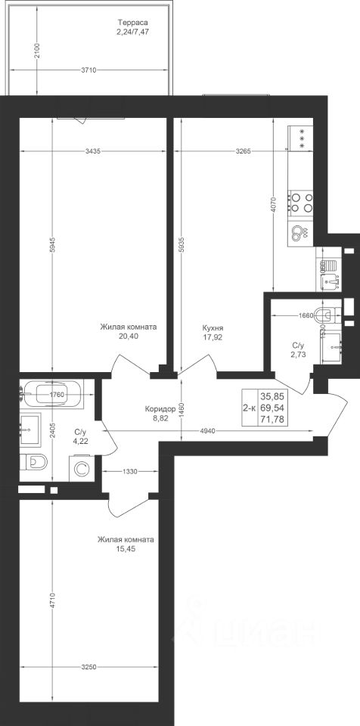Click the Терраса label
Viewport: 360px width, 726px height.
click(132, 22)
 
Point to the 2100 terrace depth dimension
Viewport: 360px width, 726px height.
click(38, 50)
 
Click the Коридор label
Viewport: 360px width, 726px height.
click(160, 409)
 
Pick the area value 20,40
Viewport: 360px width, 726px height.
click(129, 337)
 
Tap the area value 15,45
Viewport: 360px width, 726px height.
click(126, 549)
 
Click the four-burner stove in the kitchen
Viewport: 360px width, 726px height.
click(301, 203)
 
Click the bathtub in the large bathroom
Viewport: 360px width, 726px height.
click(51, 393)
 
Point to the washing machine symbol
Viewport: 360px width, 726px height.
click(81, 469)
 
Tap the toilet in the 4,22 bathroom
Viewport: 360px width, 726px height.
click(34, 461)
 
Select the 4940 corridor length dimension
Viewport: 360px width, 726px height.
click(206, 431)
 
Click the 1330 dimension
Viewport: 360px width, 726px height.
click(130, 471)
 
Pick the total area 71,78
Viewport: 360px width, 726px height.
click(272, 420)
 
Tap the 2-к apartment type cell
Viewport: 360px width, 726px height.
click(250, 408)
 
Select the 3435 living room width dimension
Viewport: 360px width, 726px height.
click(94, 150)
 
